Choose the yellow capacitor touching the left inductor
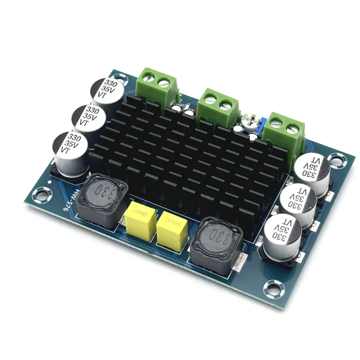(140, 223)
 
